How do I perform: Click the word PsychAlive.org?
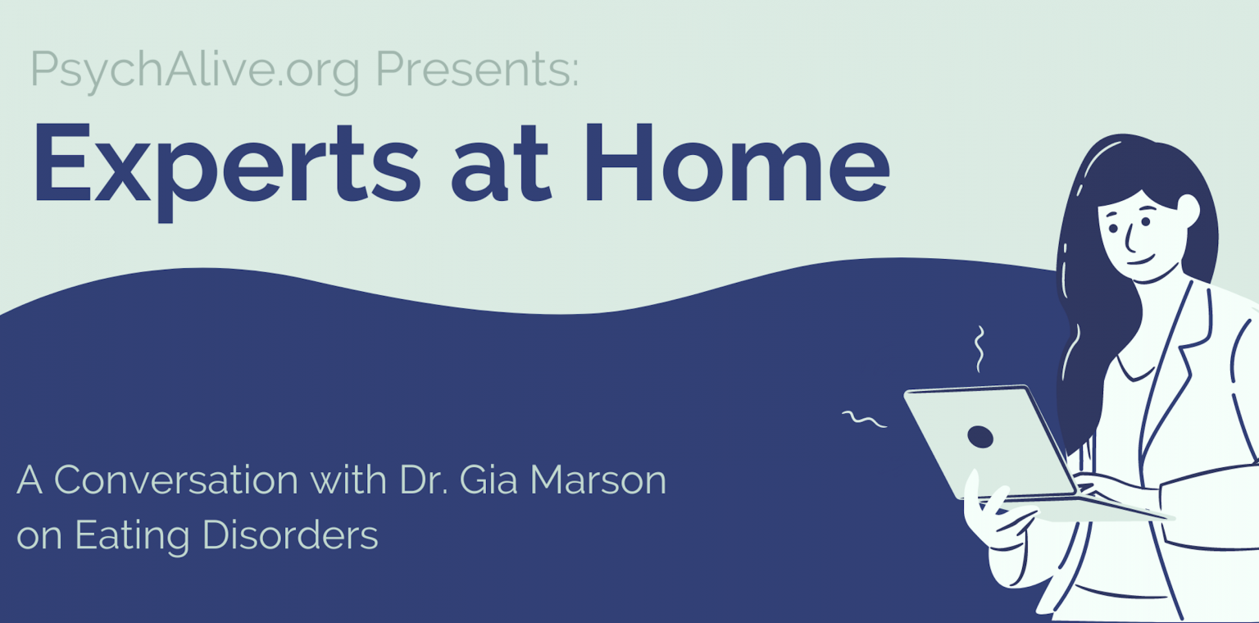point(194,70)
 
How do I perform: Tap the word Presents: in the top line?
point(477,69)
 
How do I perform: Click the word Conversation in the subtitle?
point(176,480)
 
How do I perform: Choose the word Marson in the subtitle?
point(598,480)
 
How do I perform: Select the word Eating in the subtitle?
point(132,536)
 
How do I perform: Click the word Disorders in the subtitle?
point(290,534)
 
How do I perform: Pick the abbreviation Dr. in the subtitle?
point(423,480)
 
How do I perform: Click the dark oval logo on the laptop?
point(980,437)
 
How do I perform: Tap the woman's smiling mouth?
point(1141,261)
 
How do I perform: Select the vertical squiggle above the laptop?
point(979,348)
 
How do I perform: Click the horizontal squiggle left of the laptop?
point(864,419)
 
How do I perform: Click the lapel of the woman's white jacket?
point(1175,360)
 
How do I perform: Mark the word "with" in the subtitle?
point(348,480)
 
